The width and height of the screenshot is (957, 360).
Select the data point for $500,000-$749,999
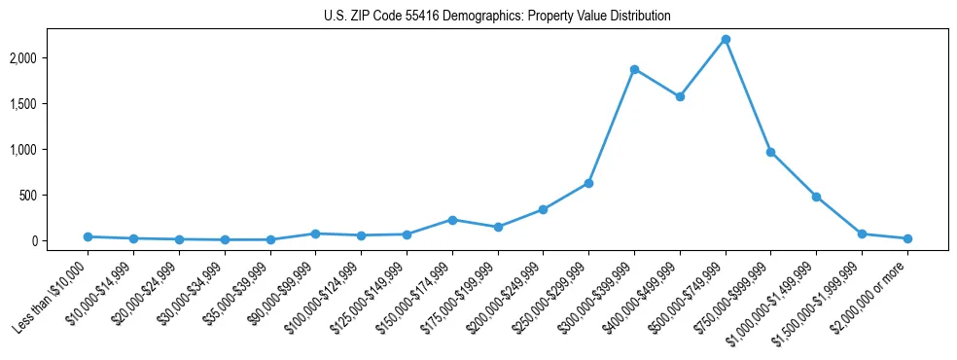pos(726,39)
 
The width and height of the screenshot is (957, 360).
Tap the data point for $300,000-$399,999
pos(634,69)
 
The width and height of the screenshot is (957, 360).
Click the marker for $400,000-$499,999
pos(680,96)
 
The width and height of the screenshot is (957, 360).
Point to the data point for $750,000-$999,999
pos(770,152)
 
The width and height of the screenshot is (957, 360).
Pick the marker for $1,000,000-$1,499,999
pos(816,197)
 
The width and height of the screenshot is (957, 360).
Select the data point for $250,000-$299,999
pos(588,183)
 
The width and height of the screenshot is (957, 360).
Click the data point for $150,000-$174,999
pos(452,220)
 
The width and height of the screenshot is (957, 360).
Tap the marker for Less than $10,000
pos(88,236)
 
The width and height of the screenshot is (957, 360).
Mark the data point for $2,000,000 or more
pos(907,238)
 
